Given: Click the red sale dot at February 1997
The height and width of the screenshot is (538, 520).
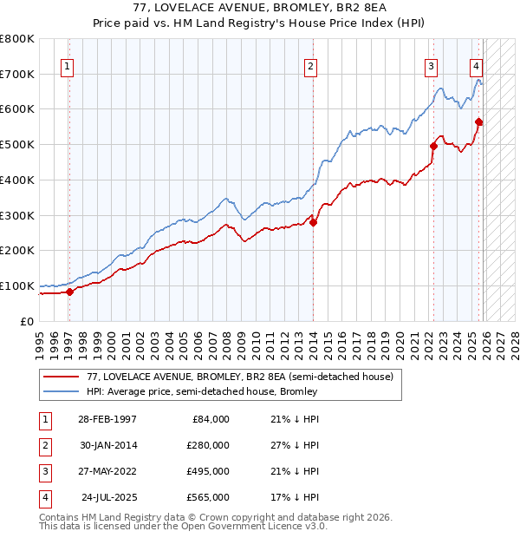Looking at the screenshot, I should [70, 292].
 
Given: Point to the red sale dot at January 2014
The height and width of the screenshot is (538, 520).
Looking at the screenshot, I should [314, 222].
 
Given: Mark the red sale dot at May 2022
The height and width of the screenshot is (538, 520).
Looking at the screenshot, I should [434, 146].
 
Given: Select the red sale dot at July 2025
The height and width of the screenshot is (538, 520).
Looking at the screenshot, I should [479, 121].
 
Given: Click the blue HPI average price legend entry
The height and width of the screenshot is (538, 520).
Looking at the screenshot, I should [202, 391].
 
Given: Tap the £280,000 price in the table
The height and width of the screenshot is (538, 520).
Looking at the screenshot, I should [207, 445].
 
